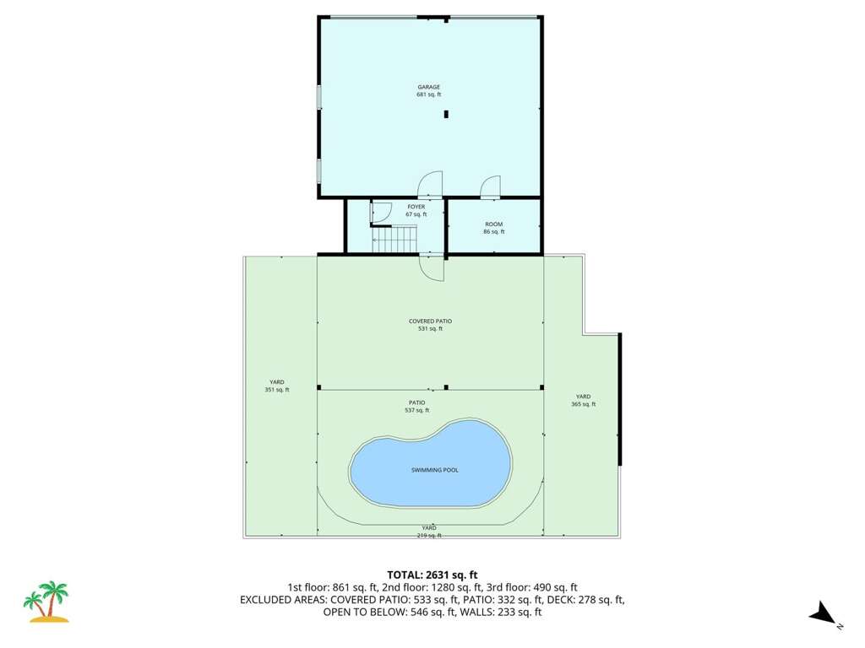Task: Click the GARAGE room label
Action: point(428,91)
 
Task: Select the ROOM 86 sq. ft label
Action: point(493,228)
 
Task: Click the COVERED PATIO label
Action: point(430,325)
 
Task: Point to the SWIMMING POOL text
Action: point(435,470)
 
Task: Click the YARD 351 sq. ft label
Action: point(277,386)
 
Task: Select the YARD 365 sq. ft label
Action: point(583,400)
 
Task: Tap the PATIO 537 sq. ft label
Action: point(417,406)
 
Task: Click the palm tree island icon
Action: point(46,601)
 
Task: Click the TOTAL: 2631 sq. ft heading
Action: point(432,575)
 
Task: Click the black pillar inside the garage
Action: point(446,114)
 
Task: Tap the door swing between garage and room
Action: point(490,186)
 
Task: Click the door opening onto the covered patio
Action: point(432,268)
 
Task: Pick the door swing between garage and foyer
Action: point(430,185)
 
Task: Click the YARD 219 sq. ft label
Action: point(429,532)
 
